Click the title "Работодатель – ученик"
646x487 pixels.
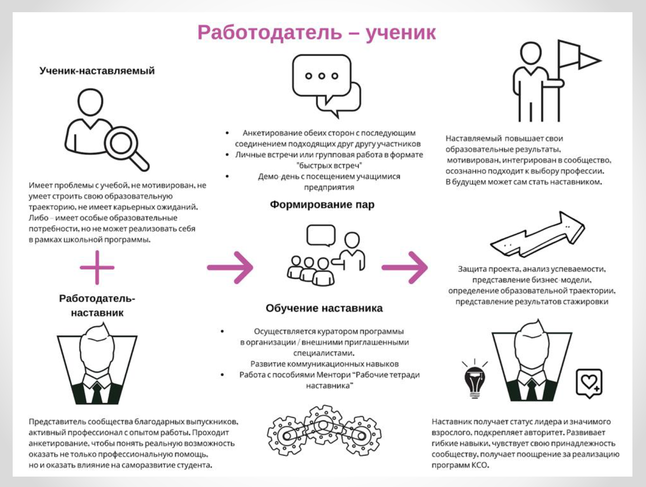pyautogui.click(x=316, y=33)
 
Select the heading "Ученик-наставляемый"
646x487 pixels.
pyautogui.click(x=97, y=71)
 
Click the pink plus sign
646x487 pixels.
pyautogui.click(x=97, y=267)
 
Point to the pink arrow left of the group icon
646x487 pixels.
pyautogui.click(x=230, y=267)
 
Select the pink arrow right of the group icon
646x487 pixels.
pyautogui.click(x=405, y=267)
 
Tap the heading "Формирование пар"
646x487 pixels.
pyautogui.click(x=322, y=204)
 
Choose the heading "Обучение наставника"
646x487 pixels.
pyautogui.click(x=324, y=308)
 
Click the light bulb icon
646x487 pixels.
pyautogui.click(x=475, y=380)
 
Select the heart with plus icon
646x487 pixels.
pyautogui.click(x=589, y=383)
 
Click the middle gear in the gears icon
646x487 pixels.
pyautogui.click(x=323, y=425)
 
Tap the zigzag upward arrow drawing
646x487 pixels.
pyautogui.click(x=538, y=234)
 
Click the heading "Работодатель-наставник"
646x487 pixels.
pyautogui.click(x=97, y=306)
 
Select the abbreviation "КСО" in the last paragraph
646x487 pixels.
pyautogui.click(x=480, y=465)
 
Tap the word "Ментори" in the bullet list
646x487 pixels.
pyautogui.click(x=332, y=375)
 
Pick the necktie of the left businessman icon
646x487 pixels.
pyautogui.click(x=97, y=392)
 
